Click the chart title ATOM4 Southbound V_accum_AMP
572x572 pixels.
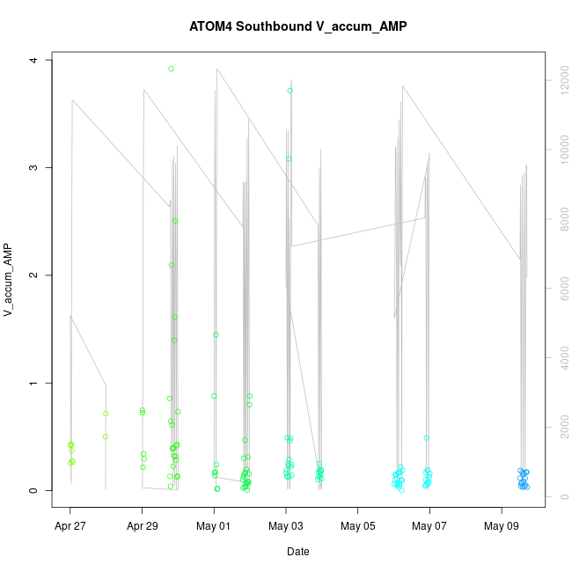coord(298,26)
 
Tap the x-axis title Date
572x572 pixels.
coord(298,552)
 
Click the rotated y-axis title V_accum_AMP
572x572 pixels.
coord(10,280)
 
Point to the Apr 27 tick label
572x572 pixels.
coord(70,527)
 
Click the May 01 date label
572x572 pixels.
coord(214,527)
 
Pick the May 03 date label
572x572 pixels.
coord(286,527)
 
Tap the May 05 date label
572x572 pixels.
coord(357,527)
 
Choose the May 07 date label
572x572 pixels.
coord(429,527)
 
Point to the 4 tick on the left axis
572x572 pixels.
coord(34,60)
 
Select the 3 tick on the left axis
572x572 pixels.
coord(34,168)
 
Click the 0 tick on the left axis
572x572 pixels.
coord(34,491)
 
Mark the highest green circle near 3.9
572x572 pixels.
coord(171,69)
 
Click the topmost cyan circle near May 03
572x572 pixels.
coord(290,91)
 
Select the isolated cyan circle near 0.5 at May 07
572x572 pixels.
coord(427,437)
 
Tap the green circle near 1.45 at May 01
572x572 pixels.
coord(216,334)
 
